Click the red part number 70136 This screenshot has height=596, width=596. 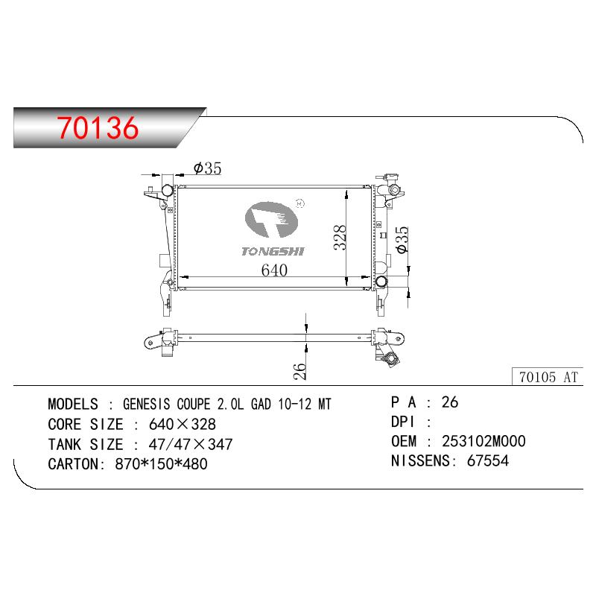[98, 127]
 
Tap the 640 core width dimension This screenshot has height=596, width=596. [274, 270]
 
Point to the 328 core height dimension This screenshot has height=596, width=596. [340, 237]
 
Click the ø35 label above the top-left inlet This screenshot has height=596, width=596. [207, 168]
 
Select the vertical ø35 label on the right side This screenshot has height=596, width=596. [402, 239]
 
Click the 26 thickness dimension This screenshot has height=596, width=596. [300, 371]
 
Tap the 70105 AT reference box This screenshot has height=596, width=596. [548, 377]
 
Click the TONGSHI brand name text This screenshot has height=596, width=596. [273, 251]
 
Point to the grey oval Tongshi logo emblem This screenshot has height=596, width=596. [271, 220]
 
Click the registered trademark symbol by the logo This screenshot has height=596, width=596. [300, 203]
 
